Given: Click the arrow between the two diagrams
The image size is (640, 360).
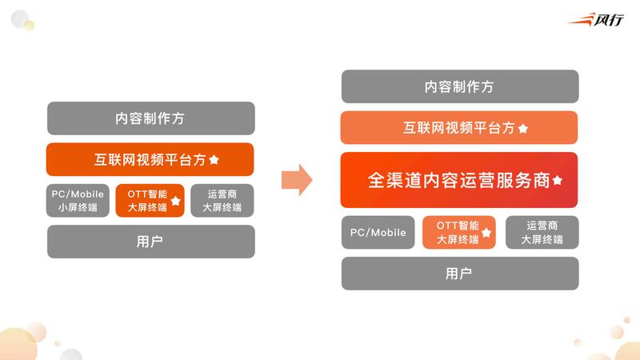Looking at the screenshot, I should click(298, 179).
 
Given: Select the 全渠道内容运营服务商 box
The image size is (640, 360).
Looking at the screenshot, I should click(459, 180).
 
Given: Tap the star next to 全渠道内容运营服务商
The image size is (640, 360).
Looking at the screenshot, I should click(558, 181).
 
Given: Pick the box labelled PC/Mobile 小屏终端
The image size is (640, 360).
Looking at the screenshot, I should click(78, 201).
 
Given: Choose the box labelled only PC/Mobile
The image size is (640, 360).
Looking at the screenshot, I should click(378, 233).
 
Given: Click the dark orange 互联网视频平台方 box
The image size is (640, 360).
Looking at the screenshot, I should click(150, 159).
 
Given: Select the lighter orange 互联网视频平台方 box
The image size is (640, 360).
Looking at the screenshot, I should click(459, 128).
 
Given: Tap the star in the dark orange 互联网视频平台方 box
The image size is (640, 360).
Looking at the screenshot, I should click(214, 160).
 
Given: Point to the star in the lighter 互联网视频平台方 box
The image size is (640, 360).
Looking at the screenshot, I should click(522, 128).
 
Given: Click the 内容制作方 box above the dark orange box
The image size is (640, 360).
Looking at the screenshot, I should click(150, 118).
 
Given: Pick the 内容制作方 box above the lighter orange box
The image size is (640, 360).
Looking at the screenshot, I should click(459, 86).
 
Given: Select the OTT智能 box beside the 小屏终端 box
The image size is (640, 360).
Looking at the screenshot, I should click(150, 201).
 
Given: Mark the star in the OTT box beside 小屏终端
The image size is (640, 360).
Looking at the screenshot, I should click(175, 201).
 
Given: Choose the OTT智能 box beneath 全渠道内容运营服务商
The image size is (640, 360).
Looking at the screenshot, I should click(459, 233).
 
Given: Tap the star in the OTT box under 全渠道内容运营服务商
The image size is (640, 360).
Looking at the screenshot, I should click(486, 234).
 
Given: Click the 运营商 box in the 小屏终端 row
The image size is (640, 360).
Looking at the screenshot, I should click(222, 201).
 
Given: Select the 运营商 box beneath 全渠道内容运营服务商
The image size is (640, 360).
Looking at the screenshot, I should click(542, 233).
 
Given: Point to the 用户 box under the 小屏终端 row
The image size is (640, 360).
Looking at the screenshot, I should click(150, 242).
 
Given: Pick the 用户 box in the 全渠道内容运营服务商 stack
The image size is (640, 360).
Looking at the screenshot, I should click(459, 274).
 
